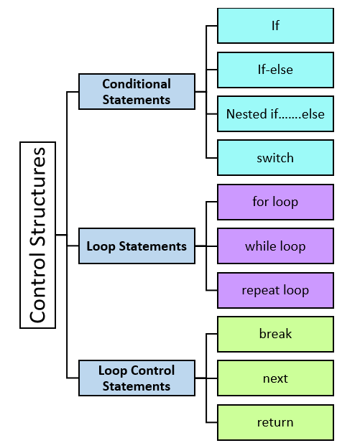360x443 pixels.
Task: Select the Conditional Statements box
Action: pos(137,92)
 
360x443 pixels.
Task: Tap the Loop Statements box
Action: pos(137,246)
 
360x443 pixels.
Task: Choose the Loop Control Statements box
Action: pos(137,378)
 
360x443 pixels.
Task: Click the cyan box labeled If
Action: pos(275,26)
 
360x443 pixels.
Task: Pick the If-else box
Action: pos(275,70)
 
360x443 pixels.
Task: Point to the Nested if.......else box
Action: pos(275,113)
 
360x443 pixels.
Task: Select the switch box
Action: pos(275,158)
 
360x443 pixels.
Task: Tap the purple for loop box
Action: pos(275,202)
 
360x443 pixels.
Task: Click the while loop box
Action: pos(275,246)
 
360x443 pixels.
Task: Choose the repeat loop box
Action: pos(275,290)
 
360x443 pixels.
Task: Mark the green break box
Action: pos(275,334)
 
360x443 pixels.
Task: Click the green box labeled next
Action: pos(275,378)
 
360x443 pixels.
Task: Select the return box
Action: pos(275,422)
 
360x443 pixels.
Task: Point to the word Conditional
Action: pos(137,84)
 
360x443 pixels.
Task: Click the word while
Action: pos(261,246)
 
